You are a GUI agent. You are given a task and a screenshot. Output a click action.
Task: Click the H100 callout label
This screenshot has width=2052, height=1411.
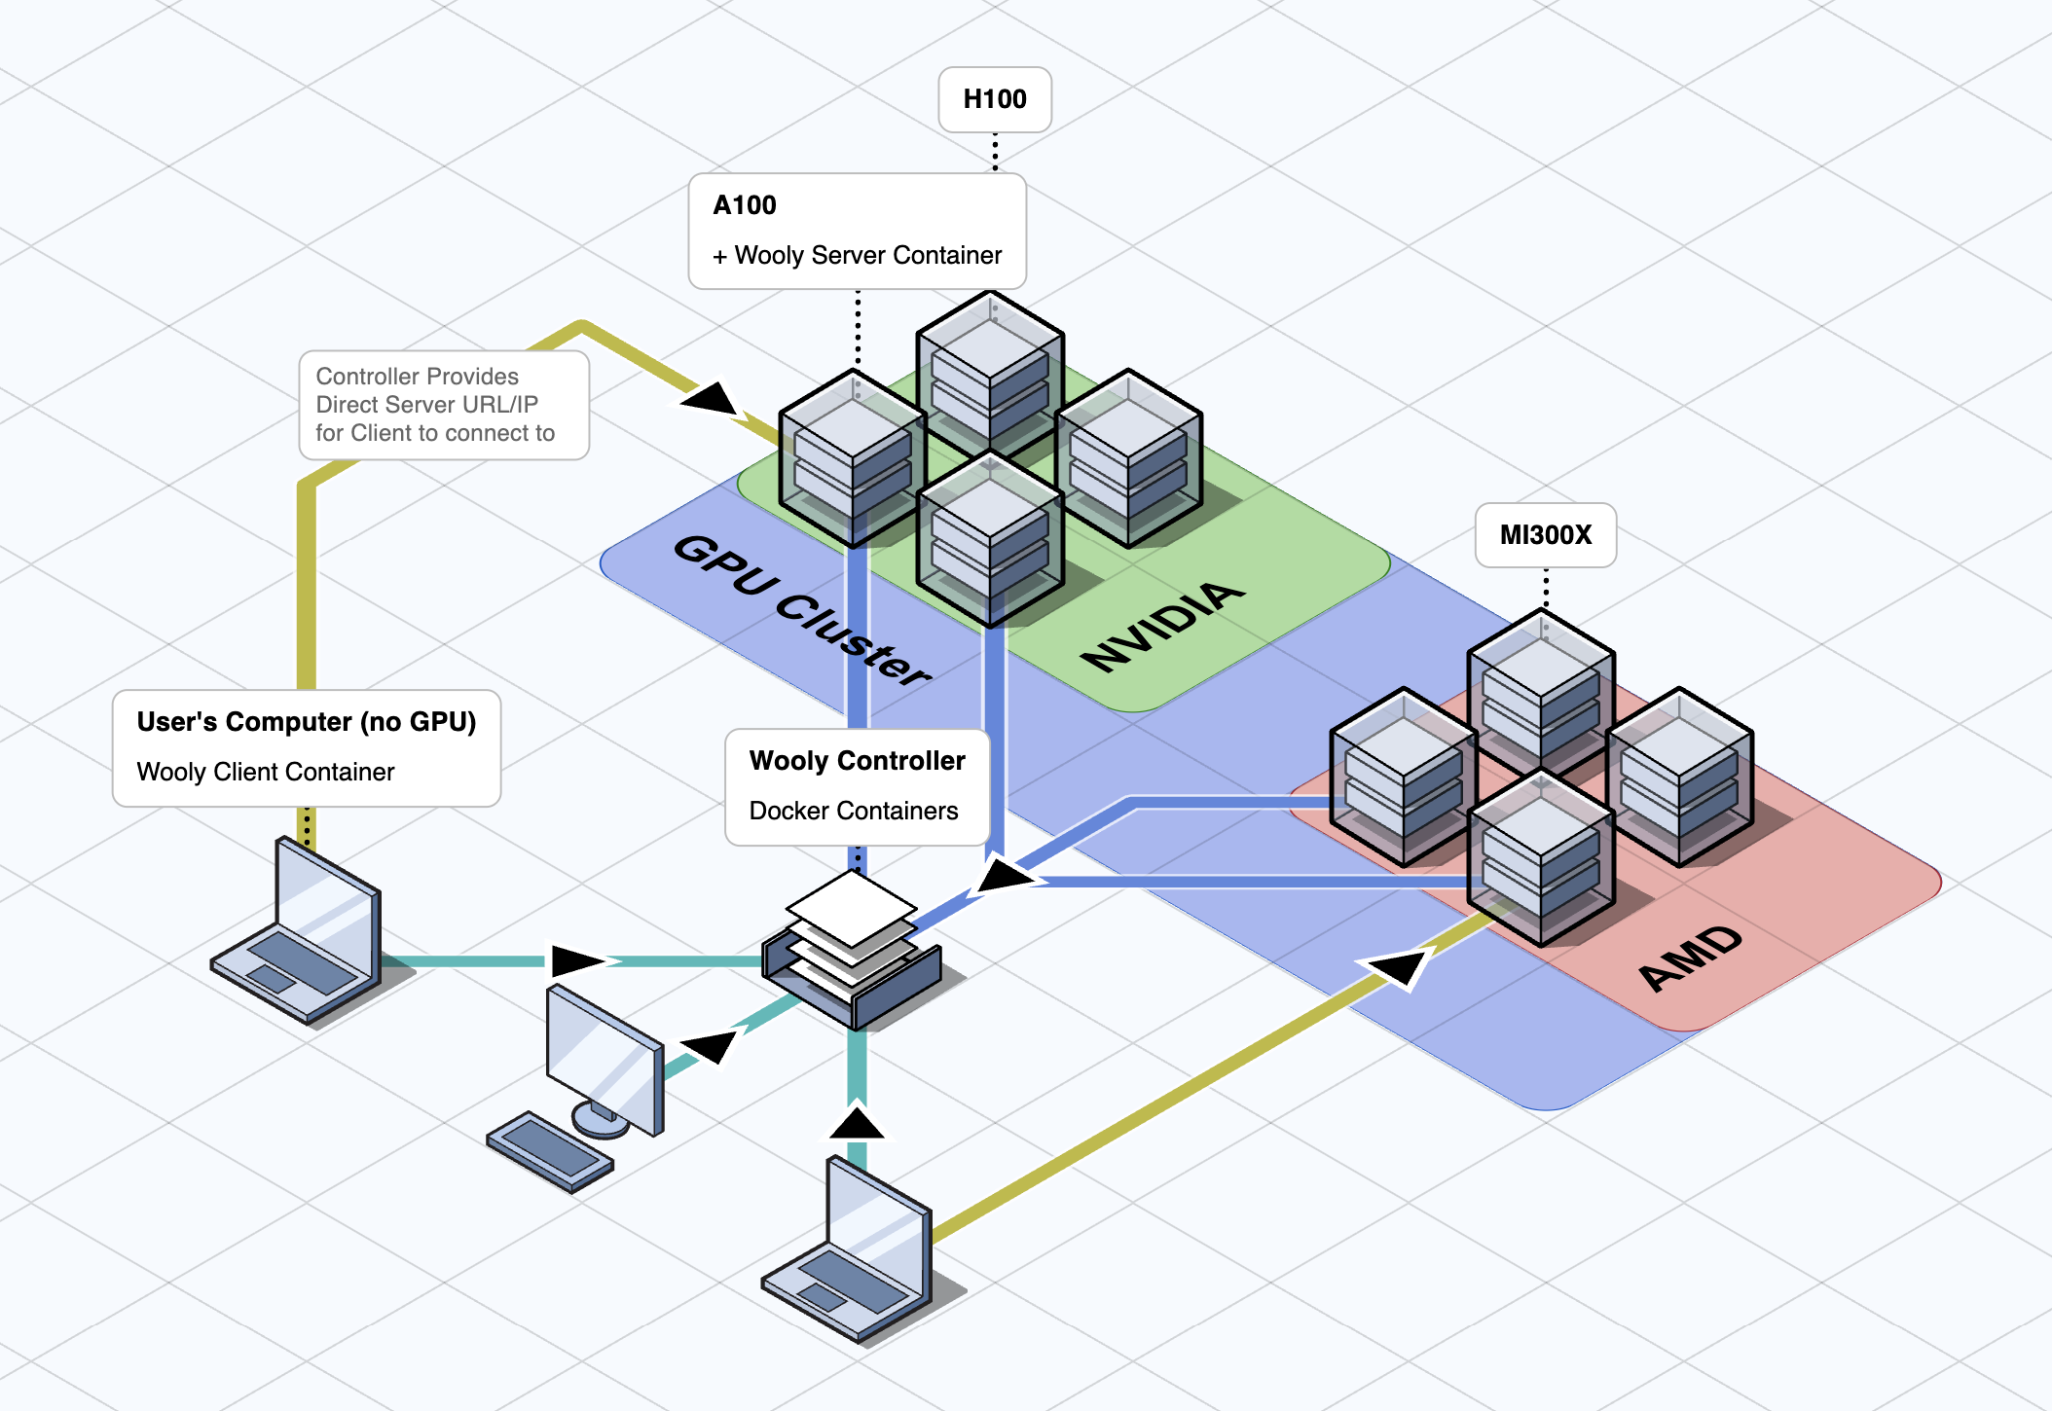tap(994, 99)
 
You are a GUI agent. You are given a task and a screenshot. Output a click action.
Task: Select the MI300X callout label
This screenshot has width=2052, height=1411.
tap(1545, 535)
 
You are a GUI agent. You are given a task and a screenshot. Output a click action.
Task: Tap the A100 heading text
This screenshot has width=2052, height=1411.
tap(745, 205)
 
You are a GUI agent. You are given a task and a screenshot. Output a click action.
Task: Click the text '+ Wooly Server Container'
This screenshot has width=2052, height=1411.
tap(857, 255)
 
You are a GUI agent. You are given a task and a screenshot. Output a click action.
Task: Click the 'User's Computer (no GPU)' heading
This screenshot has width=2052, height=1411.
tap(306, 722)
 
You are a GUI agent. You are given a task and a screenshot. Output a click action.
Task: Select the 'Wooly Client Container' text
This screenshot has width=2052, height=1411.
tap(266, 772)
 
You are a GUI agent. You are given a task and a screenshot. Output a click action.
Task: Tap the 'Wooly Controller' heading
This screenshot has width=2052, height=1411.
tap(857, 761)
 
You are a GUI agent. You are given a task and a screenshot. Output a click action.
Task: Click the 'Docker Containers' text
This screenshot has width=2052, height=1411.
tap(854, 811)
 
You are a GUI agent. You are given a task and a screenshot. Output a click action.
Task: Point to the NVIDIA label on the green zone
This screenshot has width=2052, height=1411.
tap(1163, 626)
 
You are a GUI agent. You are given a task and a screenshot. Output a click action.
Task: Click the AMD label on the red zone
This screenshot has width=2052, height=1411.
tap(1690, 958)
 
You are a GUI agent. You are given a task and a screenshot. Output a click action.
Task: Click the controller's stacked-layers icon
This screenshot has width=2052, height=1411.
tap(853, 949)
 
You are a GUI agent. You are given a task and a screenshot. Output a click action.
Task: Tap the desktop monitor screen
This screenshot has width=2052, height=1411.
tap(604, 1057)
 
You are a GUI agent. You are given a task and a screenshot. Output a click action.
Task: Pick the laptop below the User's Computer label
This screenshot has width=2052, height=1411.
tap(297, 934)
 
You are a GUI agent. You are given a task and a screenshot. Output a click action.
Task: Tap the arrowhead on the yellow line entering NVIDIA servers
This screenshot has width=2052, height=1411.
tap(712, 399)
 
